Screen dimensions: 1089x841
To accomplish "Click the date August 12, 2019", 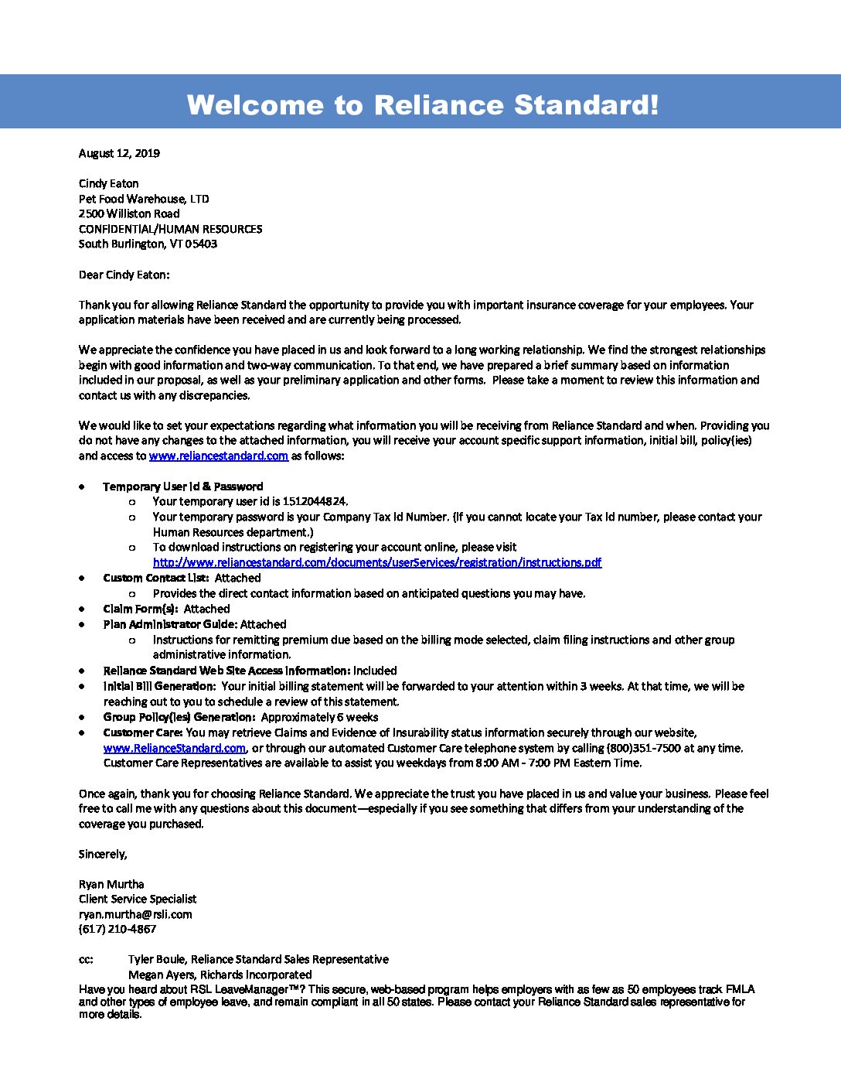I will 119,153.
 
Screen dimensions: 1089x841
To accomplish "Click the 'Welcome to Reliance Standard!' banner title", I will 423,104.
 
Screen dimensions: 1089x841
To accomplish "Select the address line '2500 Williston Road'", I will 129,213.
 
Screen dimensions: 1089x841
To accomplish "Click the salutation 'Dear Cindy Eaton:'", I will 124,275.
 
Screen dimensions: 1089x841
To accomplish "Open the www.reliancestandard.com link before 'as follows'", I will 218,456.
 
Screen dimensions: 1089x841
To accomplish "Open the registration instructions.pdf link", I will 376,562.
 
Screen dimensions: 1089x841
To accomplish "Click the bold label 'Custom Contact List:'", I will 155,578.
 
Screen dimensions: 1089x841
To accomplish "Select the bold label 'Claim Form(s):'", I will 140,609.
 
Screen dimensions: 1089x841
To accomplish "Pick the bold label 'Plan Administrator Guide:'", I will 170,624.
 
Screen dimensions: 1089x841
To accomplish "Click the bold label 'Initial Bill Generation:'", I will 159,686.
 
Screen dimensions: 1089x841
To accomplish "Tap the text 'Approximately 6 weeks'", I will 319,717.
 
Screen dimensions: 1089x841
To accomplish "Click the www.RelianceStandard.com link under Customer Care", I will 175,748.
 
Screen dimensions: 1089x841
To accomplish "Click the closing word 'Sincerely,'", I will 103,854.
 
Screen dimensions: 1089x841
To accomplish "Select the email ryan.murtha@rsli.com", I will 135,914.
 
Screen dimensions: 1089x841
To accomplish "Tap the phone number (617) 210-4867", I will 117,929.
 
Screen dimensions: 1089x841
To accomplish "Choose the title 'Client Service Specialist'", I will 138,899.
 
